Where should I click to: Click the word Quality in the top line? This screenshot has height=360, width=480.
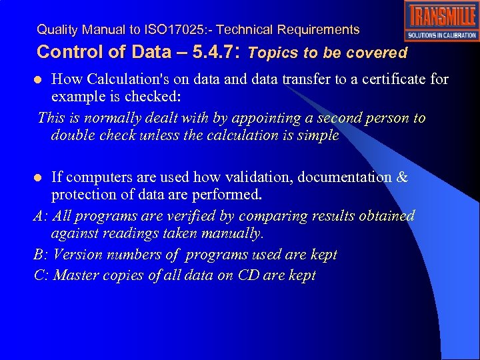[56, 30]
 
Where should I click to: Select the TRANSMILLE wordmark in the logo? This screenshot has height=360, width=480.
[441, 16]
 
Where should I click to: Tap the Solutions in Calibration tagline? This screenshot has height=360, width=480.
[441, 35]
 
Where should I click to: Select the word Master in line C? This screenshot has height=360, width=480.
[74, 275]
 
